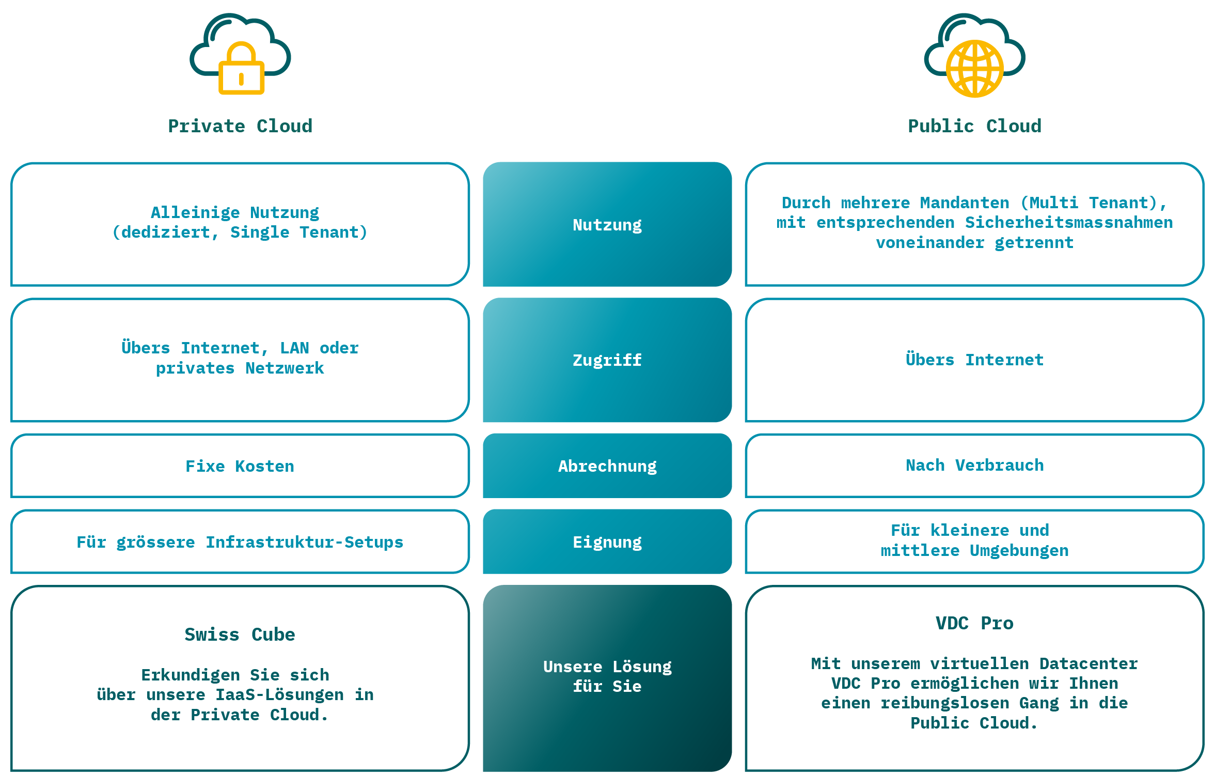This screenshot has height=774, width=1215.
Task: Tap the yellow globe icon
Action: (974, 69)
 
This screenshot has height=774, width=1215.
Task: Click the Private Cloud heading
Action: (240, 126)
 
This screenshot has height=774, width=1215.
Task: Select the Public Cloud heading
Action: (974, 126)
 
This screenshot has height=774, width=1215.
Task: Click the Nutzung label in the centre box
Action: (607, 225)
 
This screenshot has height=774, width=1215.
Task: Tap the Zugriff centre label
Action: (607, 360)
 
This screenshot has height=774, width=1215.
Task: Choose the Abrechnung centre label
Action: (607, 466)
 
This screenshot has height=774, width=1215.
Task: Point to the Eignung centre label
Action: (607, 542)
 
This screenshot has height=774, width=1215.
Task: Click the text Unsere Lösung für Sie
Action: (607, 676)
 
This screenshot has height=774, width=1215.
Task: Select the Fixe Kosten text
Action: (240, 466)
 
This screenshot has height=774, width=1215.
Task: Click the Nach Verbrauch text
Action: (974, 465)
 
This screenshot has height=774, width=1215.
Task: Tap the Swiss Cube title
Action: (240, 634)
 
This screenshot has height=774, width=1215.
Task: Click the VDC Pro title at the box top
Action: (974, 623)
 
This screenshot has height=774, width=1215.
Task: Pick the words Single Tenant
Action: (298, 233)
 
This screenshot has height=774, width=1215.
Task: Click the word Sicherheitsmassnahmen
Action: (1068, 223)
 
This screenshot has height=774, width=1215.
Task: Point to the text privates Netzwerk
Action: (240, 368)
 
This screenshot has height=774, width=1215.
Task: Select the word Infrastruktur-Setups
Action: (304, 542)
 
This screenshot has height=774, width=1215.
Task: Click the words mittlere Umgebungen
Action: (974, 551)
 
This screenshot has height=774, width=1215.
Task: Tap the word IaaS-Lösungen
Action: (279, 695)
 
